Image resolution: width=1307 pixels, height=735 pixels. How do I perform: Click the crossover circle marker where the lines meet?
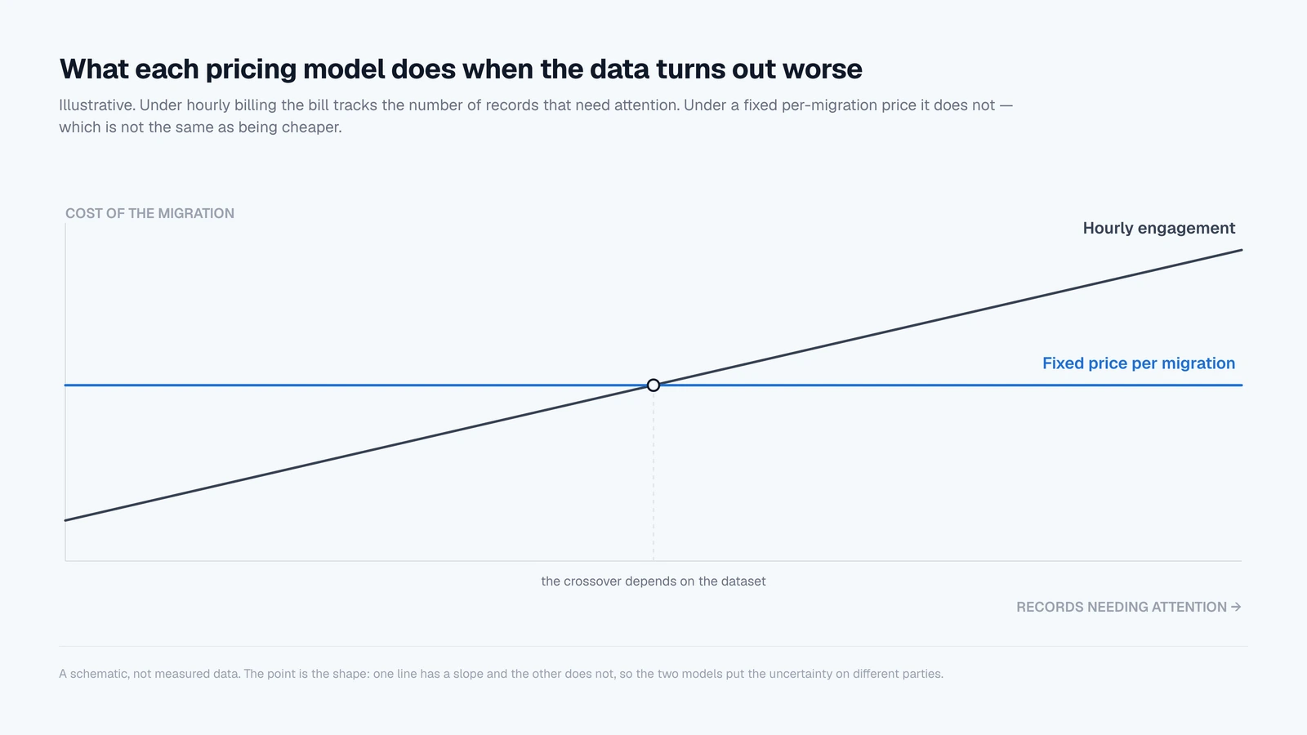tap(653, 385)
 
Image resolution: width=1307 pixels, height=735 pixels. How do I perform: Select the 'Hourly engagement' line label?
tap(1159, 228)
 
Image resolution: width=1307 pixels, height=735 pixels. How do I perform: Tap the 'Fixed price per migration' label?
tap(1139, 363)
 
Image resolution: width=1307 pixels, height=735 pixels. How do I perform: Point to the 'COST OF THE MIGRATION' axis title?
tap(149, 213)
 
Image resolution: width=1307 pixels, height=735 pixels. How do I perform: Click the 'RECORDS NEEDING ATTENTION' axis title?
tap(1122, 608)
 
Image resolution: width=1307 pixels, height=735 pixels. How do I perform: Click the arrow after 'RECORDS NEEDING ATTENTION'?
tap(1236, 608)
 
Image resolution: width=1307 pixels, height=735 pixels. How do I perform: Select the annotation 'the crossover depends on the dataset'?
tap(653, 581)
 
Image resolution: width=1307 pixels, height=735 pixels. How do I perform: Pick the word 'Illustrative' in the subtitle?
tap(97, 105)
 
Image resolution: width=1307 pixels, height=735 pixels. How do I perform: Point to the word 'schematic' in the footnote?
tap(100, 674)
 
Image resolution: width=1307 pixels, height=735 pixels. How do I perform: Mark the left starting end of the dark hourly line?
tap(65, 520)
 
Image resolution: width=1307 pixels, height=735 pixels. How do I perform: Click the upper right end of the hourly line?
tap(1242, 250)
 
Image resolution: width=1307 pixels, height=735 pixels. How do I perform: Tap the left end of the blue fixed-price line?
tap(65, 385)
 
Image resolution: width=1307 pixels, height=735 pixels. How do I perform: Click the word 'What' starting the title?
tap(94, 69)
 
